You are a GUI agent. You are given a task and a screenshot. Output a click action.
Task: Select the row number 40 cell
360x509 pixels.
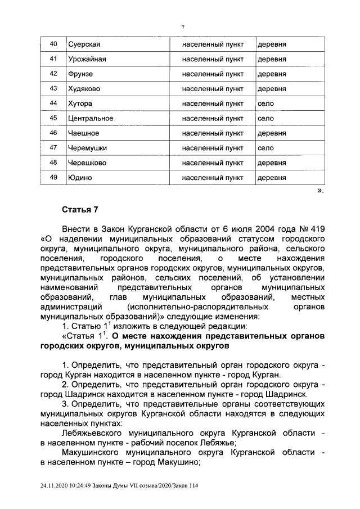click(x=54, y=44)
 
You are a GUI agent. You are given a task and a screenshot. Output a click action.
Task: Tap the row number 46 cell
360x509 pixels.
click(x=54, y=133)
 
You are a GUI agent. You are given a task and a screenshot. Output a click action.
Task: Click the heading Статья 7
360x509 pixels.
click(x=80, y=210)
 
